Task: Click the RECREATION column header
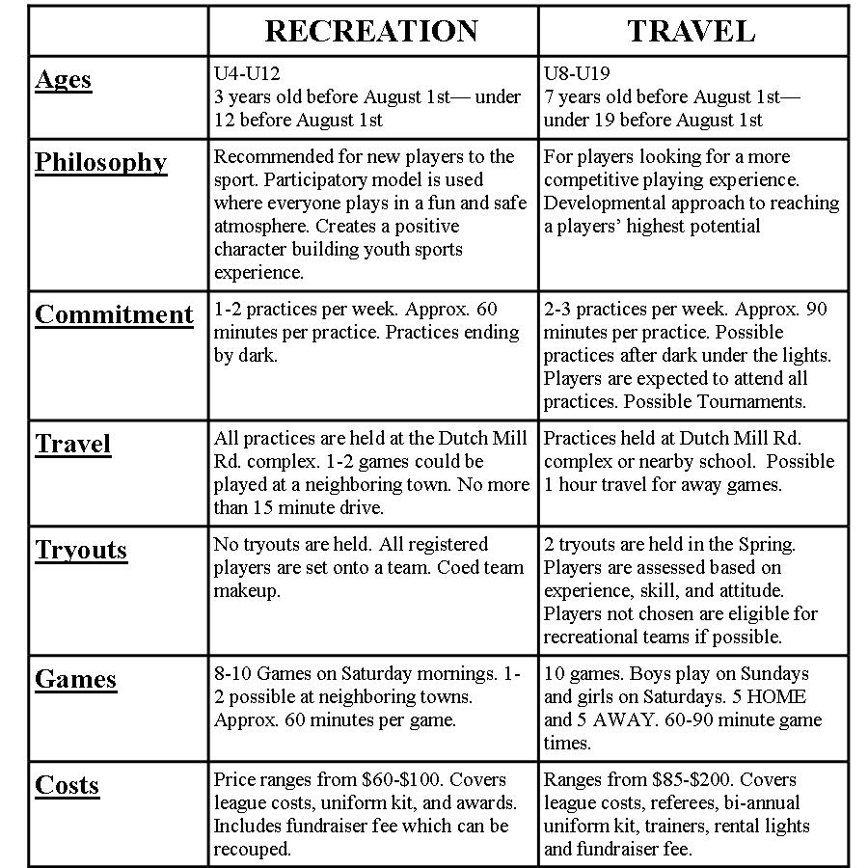[371, 31]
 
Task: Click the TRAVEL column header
[692, 31]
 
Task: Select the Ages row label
[63, 79]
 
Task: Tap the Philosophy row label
[100, 162]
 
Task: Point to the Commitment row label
[114, 315]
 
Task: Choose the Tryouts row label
[81, 550]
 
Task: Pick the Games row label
[75, 679]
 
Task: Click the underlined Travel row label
[72, 444]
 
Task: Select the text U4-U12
[247, 73]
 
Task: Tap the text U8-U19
[577, 73]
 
